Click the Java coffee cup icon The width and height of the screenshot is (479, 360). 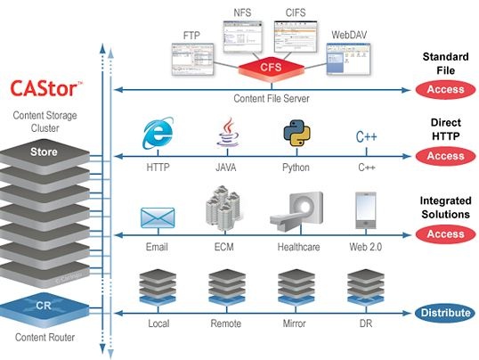[x=225, y=136]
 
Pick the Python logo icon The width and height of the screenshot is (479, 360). [x=296, y=136]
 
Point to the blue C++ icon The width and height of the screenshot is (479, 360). [x=366, y=137]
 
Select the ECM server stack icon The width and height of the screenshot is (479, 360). [x=225, y=210]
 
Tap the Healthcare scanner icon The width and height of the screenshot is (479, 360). [x=295, y=212]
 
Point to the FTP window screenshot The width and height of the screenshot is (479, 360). [x=190, y=58]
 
